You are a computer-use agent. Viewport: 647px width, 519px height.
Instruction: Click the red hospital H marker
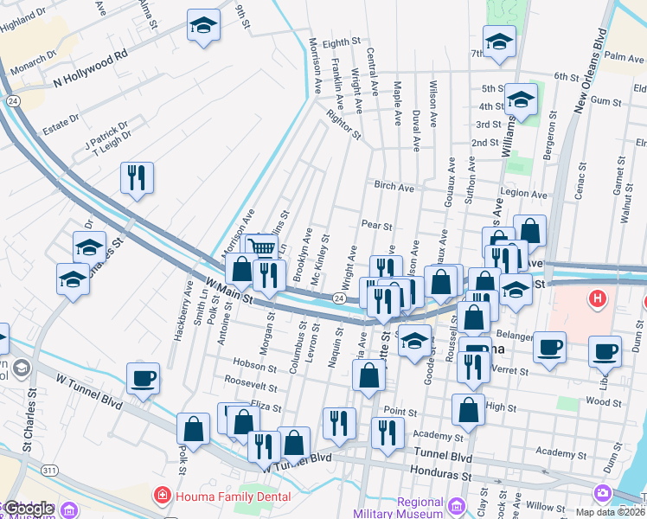coord(596,300)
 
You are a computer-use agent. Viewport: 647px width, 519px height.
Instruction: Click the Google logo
coord(28,509)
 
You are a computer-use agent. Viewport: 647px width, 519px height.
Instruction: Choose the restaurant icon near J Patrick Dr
coord(138,178)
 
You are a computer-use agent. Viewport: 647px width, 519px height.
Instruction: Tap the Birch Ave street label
coord(394,186)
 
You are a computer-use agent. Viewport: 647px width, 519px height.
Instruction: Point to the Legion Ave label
coord(526,195)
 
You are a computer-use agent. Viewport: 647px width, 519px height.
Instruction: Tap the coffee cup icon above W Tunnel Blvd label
coord(143,378)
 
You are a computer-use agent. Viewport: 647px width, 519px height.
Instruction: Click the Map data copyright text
coord(610,512)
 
